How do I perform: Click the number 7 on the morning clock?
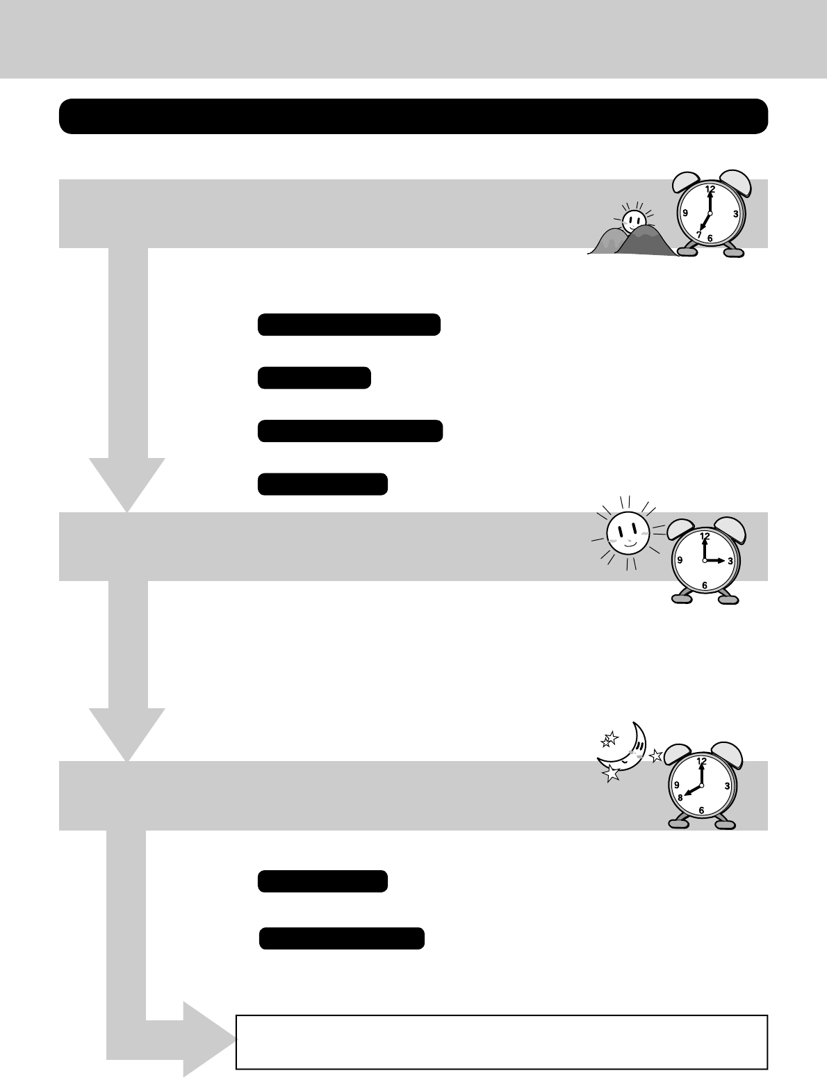click(x=699, y=234)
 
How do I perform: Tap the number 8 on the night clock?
click(x=681, y=798)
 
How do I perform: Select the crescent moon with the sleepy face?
click(x=628, y=749)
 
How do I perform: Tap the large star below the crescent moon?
click(x=612, y=774)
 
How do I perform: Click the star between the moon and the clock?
click(x=656, y=756)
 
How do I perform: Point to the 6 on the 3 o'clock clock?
click(x=705, y=586)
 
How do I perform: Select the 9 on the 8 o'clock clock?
click(x=676, y=785)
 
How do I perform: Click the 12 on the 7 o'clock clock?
click(x=710, y=189)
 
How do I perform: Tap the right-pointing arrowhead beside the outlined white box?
click(x=208, y=1040)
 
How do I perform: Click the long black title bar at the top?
click(x=413, y=116)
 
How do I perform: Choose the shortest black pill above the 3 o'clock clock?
click(x=314, y=378)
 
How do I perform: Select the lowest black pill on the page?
click(x=342, y=938)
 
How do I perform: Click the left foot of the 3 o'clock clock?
click(x=682, y=597)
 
